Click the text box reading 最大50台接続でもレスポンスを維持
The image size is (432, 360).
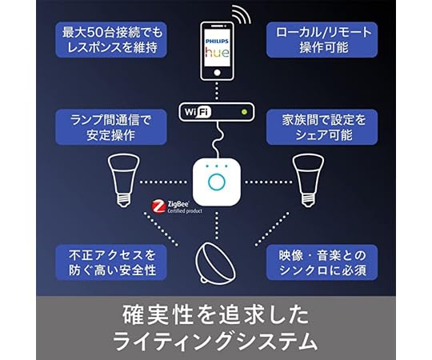click(x=112, y=40)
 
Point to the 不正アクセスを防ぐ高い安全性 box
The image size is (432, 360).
click(x=112, y=262)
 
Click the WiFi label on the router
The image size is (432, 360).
click(x=197, y=111)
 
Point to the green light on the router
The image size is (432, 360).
click(x=242, y=111)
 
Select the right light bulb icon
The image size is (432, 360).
click(x=308, y=178)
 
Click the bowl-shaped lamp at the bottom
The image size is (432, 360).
click(x=214, y=262)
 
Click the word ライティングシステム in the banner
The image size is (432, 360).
click(x=215, y=340)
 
